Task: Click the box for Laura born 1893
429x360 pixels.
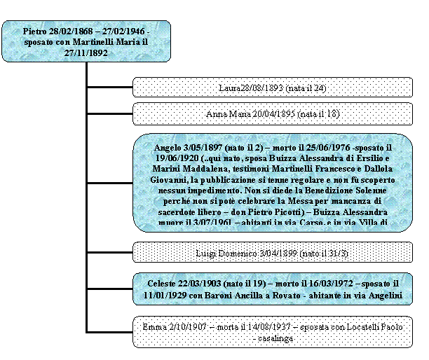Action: [272, 88]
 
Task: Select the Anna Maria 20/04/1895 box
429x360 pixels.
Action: [272, 113]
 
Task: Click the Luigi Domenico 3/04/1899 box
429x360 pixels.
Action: [272, 252]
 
